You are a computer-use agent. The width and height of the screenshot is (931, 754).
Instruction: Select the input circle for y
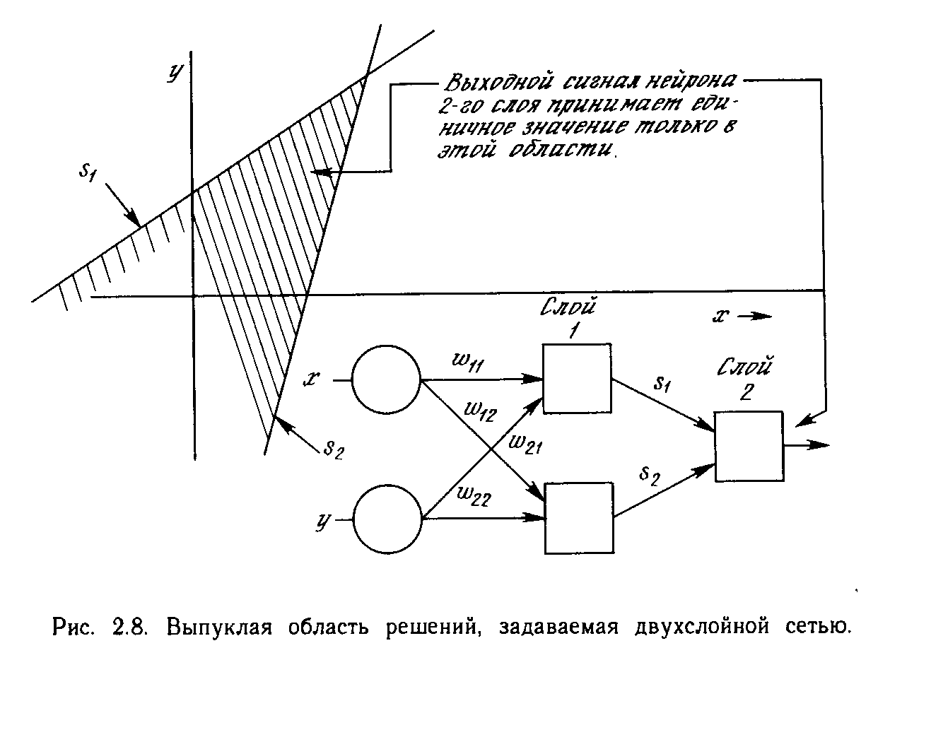(387, 519)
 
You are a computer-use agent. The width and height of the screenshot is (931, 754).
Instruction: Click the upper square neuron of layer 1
(577, 378)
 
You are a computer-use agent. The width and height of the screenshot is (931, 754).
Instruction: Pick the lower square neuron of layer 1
(579, 518)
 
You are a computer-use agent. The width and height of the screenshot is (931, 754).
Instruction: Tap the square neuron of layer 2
(749, 446)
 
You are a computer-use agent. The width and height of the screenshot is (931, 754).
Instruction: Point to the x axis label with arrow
(741, 316)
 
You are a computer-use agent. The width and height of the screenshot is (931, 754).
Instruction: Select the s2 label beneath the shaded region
(332, 448)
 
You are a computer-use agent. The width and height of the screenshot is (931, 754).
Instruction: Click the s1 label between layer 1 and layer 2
(661, 385)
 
